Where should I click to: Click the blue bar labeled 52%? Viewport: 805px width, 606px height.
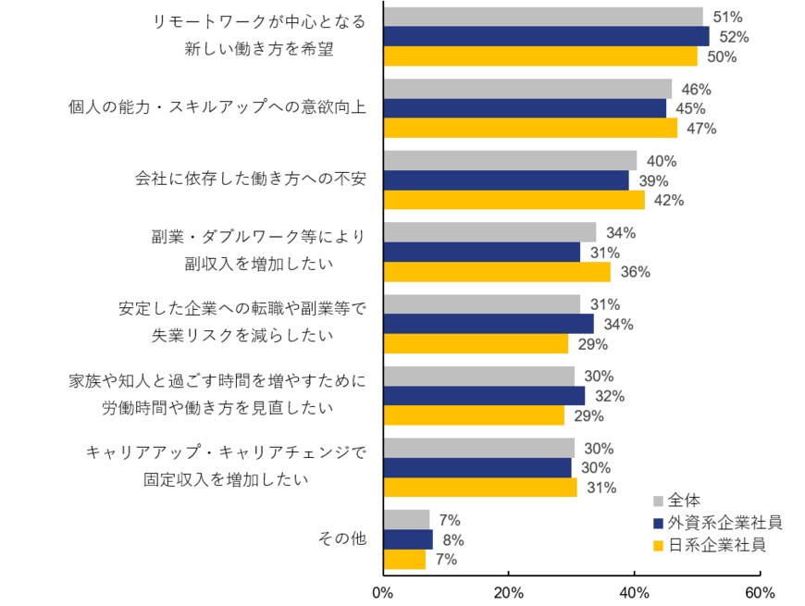[546, 36]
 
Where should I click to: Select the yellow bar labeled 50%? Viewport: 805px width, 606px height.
[540, 56]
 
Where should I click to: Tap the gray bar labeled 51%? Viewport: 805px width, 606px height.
[543, 16]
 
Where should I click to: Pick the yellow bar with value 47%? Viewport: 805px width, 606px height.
[530, 128]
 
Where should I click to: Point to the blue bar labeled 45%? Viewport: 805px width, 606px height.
[525, 108]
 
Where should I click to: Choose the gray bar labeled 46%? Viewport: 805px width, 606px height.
[527, 88]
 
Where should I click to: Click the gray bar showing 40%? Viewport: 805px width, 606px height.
[510, 160]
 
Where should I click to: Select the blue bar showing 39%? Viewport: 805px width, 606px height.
[506, 180]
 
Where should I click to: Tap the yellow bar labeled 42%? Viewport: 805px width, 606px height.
[514, 200]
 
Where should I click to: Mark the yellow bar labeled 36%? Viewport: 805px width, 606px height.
[497, 272]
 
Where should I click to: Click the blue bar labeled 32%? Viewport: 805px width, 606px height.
[484, 396]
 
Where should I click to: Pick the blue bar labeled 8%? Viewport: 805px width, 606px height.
[408, 539]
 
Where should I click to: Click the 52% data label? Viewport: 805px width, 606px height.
[734, 37]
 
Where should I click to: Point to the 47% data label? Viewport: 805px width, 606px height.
[701, 129]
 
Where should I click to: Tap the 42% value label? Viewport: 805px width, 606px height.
[669, 200]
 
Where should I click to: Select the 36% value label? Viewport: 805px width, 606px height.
[636, 272]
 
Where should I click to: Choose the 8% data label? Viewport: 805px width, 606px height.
[452, 540]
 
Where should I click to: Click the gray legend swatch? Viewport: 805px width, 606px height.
[658, 501]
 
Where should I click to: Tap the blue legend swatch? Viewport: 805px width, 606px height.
[658, 524]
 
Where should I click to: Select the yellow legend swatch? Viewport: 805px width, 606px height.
[658, 546]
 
